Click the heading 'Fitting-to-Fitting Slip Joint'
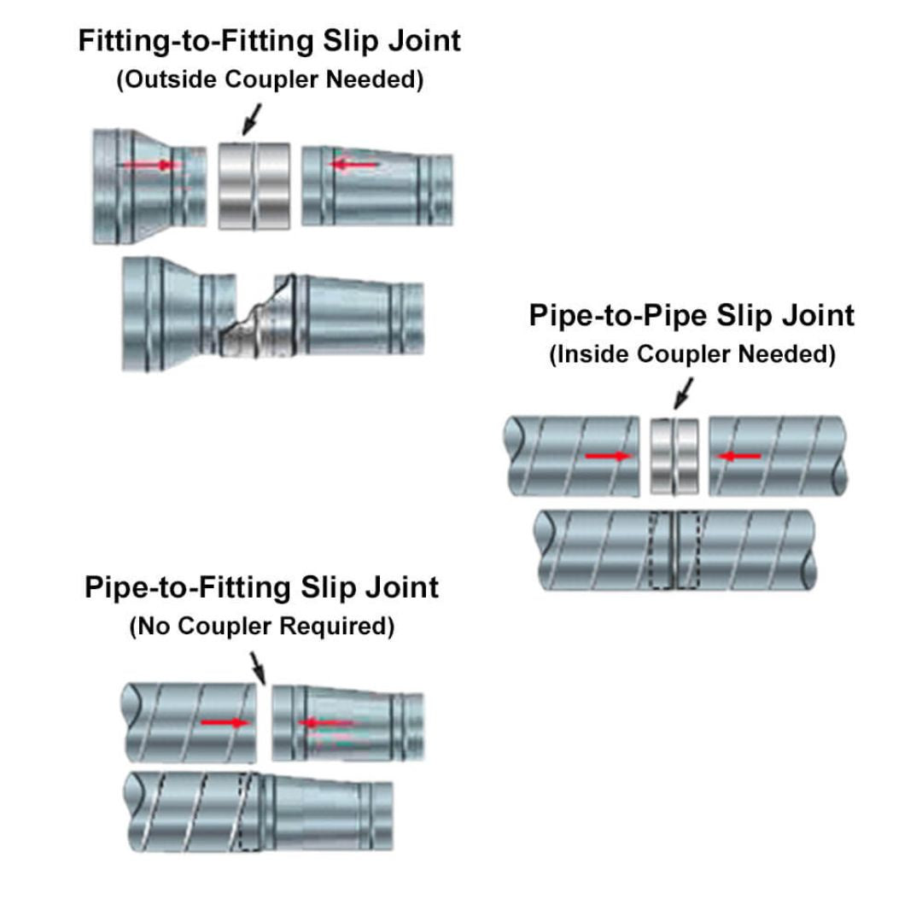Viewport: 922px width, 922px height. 269,41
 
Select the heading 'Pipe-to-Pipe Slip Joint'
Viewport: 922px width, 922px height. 691,315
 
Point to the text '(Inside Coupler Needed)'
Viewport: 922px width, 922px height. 691,354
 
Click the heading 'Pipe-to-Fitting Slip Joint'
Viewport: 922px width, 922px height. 262,587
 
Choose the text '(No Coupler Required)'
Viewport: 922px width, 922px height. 262,627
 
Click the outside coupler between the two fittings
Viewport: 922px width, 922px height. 254,185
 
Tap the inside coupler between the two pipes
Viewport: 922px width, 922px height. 674,455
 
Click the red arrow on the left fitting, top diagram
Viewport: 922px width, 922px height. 150,165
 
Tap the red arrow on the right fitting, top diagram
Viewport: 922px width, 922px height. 354,164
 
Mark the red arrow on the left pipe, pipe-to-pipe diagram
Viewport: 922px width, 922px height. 608,457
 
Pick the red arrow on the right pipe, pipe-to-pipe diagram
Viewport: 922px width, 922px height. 739,457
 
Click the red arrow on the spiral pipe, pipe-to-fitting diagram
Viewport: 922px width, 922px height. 225,723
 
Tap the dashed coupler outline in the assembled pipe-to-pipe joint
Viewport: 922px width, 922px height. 674,550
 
